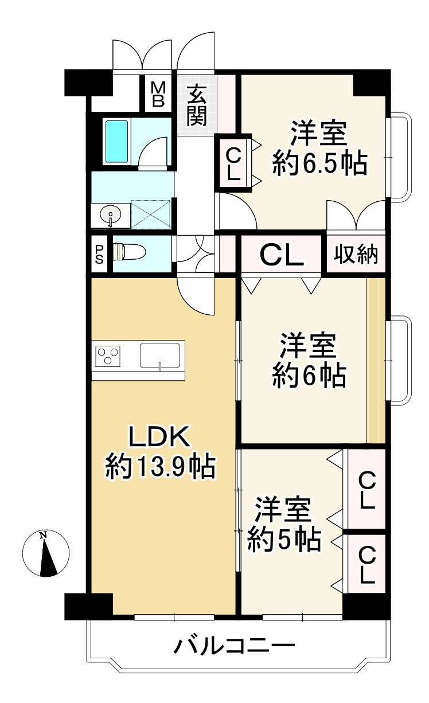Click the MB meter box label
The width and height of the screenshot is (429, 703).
pyautogui.click(x=158, y=94)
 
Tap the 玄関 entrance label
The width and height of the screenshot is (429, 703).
pyautogui.click(x=197, y=106)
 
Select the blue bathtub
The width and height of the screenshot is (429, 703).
pyautogui.click(x=117, y=141)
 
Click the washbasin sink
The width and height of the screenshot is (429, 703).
pyautogui.click(x=110, y=215)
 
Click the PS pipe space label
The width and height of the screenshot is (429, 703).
pyautogui.click(x=99, y=254)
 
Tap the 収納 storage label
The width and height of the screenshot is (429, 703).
pyautogui.click(x=356, y=253)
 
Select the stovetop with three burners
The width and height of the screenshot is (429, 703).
pyautogui.click(x=108, y=356)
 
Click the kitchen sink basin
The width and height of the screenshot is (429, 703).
pyautogui.click(x=160, y=356)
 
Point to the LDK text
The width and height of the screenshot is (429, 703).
pyautogui.click(x=160, y=436)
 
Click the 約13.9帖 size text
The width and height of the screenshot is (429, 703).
pyautogui.click(x=160, y=467)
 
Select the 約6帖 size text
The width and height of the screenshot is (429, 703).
pyautogui.click(x=309, y=376)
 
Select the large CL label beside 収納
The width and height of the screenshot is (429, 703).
pyautogui.click(x=282, y=255)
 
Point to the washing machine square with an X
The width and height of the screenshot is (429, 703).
pyautogui.click(x=151, y=214)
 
